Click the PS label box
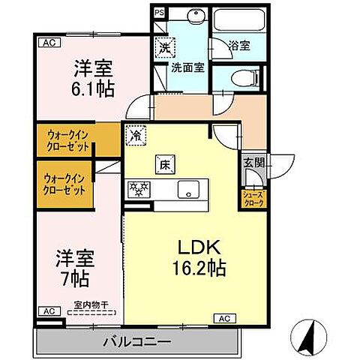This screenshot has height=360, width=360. pyautogui.click(x=157, y=13)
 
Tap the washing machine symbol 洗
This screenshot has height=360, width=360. pyautogui.click(x=164, y=46)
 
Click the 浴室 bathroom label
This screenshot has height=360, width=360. pyautogui.click(x=238, y=45)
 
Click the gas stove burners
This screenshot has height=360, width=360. pyautogui.click(x=139, y=189)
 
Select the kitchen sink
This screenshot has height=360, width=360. pyautogui.click(x=187, y=189)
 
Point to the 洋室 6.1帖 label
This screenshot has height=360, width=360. pyautogui.click(x=93, y=78)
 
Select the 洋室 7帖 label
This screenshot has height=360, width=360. pyautogui.click(x=74, y=267)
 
